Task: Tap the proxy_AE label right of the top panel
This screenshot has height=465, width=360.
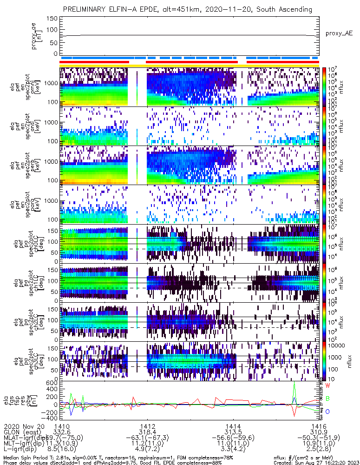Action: point(339,33)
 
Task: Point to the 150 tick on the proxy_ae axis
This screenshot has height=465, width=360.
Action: point(52,19)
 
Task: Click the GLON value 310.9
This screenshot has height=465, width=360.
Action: point(319,432)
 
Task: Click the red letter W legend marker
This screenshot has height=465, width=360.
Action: point(327,386)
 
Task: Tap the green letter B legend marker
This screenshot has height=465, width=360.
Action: point(327,399)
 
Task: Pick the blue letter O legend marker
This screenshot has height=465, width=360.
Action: point(327,412)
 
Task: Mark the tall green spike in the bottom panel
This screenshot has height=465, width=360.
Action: point(294,386)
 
